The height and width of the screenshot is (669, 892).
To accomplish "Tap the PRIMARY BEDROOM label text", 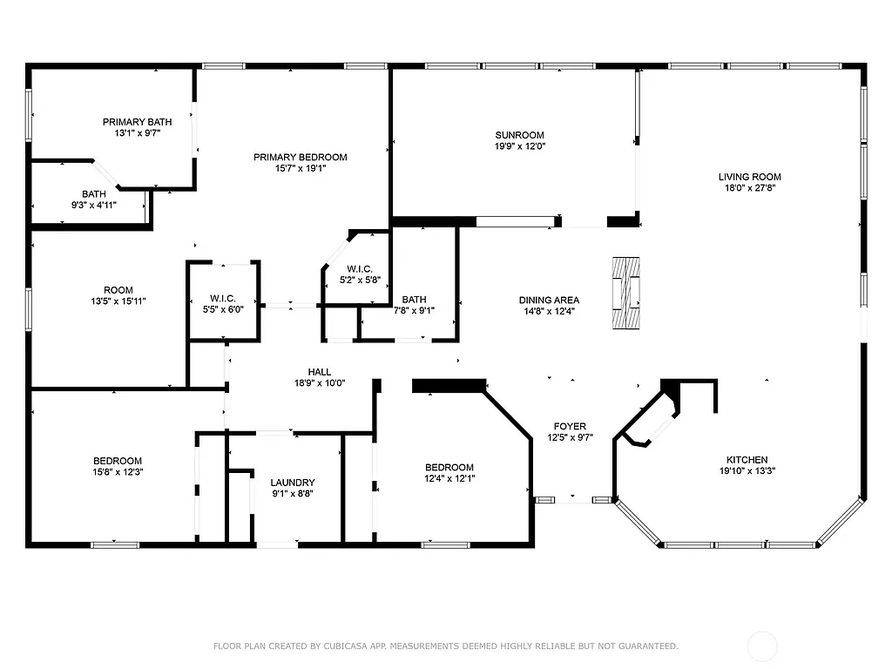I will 300,158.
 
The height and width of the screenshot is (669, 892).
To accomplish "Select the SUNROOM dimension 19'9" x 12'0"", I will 519,146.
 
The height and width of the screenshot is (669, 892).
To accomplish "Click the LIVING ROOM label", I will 749,177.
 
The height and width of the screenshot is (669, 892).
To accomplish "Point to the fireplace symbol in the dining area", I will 625,293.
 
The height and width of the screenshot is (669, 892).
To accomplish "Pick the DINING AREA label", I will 549,300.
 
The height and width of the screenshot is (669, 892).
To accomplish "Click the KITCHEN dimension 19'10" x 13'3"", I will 747,471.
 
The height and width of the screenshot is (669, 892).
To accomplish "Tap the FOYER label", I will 570,427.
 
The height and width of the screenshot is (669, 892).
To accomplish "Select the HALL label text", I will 320,372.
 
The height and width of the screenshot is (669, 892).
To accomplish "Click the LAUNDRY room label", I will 292,483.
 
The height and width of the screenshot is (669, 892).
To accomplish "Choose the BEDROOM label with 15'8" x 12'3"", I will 118,461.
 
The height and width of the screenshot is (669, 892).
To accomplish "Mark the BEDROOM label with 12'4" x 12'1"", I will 449,467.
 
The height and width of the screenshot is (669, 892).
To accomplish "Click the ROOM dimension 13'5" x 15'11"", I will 118,301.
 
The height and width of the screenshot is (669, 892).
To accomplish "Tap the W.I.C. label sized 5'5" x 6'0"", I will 224,299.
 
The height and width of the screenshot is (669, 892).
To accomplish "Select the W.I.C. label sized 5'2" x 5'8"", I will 359,268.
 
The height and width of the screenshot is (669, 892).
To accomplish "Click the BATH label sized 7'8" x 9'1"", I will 414,299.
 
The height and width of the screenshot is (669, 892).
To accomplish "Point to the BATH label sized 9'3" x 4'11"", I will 94,194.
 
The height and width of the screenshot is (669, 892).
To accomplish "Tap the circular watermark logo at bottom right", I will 763,646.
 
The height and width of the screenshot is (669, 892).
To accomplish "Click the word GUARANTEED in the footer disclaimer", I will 649,646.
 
